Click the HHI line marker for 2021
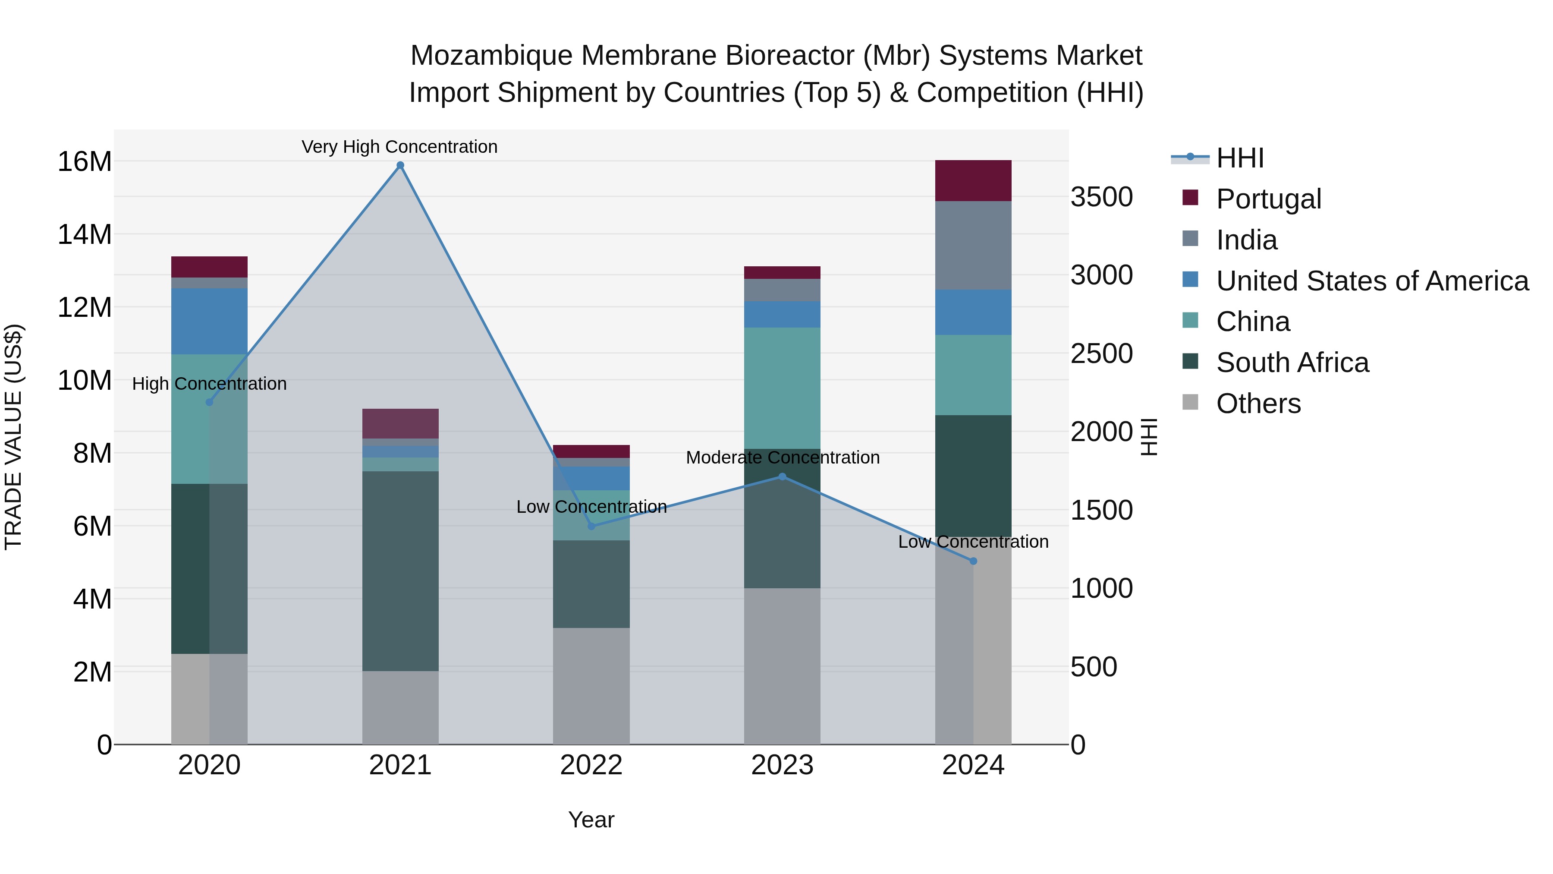tap(400, 165)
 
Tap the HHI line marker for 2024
tap(973, 561)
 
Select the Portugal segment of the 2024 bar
tap(973, 180)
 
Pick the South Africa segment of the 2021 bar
tap(400, 571)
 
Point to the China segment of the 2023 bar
tap(782, 388)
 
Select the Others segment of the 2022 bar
tap(591, 686)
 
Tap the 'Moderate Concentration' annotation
tap(783, 458)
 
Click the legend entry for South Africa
tap(1292, 363)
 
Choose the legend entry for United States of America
tap(1371, 281)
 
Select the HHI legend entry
tap(1239, 158)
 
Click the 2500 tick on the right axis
tap(1101, 353)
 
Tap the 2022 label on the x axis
tap(591, 765)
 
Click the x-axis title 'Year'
tap(591, 820)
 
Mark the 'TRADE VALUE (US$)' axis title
tap(13, 437)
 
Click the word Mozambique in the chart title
tap(491, 56)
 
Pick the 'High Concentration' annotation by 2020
tap(209, 384)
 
